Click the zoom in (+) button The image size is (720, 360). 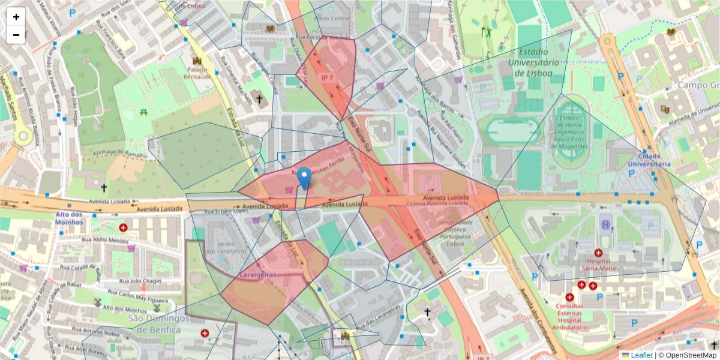point(16,17)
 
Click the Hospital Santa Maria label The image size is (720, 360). point(598,266)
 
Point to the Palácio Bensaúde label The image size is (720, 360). point(197,73)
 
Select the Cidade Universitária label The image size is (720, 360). point(649,159)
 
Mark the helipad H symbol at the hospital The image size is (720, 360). point(605,224)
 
